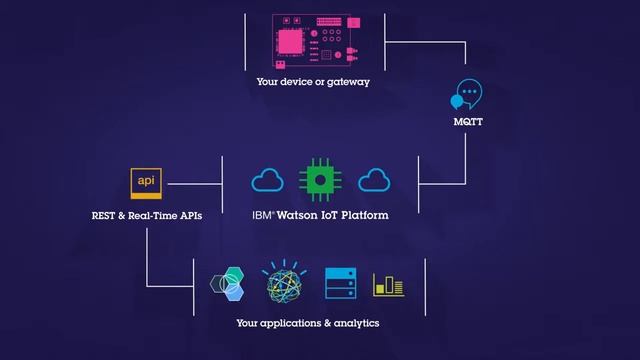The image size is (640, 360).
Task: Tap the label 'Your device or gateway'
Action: pyautogui.click(x=313, y=82)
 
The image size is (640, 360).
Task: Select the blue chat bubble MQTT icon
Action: pyautogui.click(x=467, y=95)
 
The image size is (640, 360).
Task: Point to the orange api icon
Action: pyautogui.click(x=147, y=184)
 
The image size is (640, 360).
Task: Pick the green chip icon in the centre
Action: pyautogui.click(x=319, y=180)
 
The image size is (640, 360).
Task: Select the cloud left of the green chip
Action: pyautogui.click(x=268, y=181)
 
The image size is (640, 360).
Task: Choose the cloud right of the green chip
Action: pyautogui.click(x=372, y=181)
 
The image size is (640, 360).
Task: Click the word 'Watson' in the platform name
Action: pyautogui.click(x=300, y=215)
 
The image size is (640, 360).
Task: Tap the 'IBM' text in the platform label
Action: pyautogui.click(x=263, y=215)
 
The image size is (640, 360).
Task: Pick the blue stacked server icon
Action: pyautogui.click(x=340, y=284)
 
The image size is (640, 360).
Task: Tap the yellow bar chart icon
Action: pyautogui.click(x=388, y=285)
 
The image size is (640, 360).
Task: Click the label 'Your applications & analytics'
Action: pyautogui.click(x=308, y=323)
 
